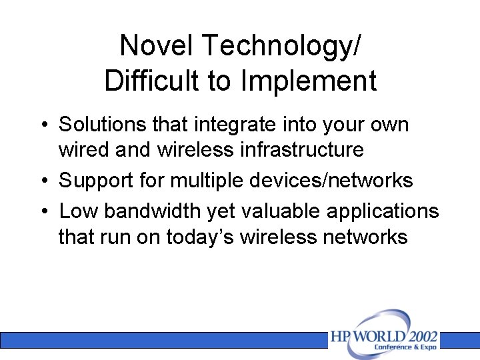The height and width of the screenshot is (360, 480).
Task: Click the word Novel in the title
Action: pos(157,45)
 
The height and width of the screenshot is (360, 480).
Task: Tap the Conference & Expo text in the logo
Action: pos(405,347)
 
